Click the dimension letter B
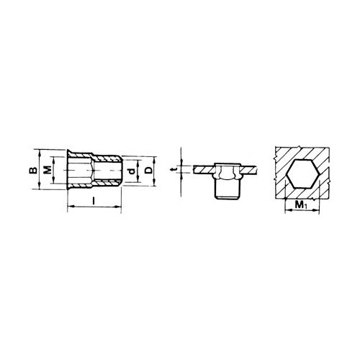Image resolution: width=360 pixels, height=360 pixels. pyautogui.click(x=34, y=170)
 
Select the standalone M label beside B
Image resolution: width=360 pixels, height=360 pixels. pyautogui.click(x=48, y=170)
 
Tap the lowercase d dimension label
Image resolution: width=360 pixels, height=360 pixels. pyautogui.click(x=131, y=171)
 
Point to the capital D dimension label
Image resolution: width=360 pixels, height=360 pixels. pyautogui.click(x=149, y=170)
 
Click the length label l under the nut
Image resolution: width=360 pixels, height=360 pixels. pyautogui.click(x=94, y=201)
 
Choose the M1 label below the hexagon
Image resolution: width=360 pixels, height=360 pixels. pyautogui.click(x=301, y=204)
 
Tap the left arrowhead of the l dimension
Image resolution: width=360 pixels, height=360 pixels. pyautogui.click(x=71, y=206)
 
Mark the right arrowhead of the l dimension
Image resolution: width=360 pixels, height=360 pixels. pyautogui.click(x=118, y=207)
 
